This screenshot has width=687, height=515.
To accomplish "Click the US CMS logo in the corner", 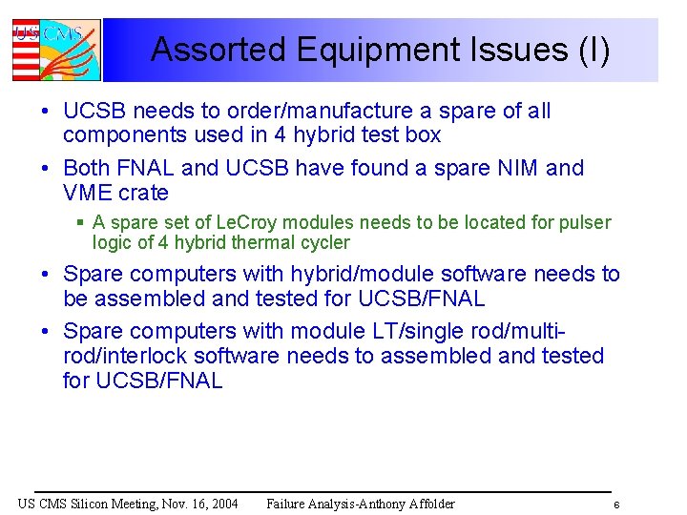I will pos(55,50).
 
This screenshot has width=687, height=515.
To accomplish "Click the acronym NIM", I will pos(517,169).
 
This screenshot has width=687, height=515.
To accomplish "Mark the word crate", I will pos(143,194).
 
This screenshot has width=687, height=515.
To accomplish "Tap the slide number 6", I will pos(616,505).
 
